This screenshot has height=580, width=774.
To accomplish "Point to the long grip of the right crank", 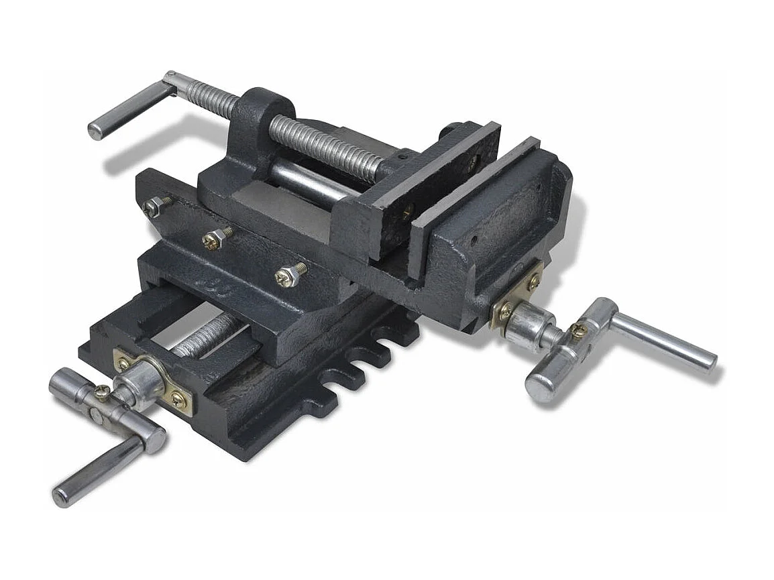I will pos(664,342).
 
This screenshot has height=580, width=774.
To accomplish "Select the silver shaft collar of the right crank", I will pos(527,325).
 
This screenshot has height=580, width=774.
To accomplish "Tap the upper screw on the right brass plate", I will pos(533,282).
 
